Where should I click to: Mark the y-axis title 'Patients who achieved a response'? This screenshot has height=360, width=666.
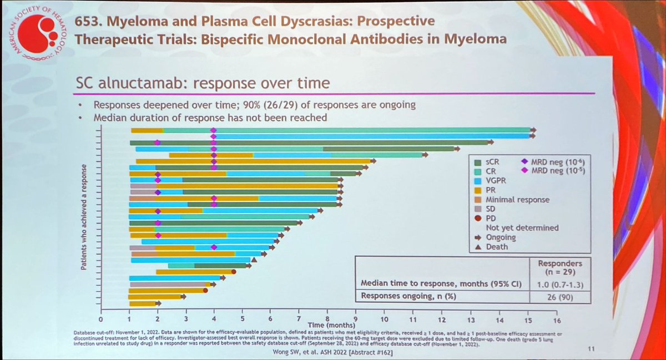tap(83, 217)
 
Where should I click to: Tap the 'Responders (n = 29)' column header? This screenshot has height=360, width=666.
tap(562, 268)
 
